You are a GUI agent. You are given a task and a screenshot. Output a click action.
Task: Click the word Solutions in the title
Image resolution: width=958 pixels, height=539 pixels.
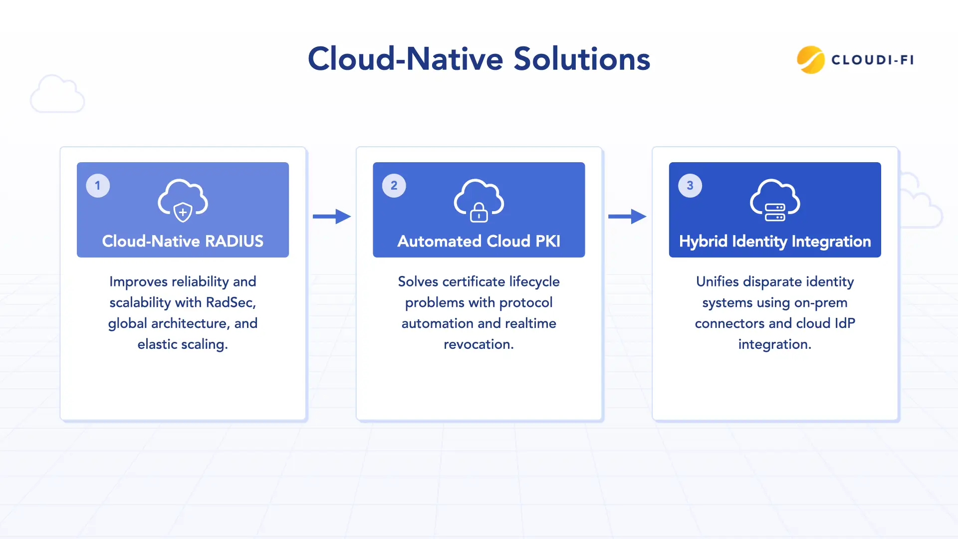[x=582, y=59]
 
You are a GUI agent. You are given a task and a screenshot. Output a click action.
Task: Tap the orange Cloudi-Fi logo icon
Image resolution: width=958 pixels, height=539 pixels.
[x=810, y=60]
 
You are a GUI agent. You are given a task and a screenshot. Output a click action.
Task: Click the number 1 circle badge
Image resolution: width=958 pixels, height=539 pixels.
[x=98, y=186]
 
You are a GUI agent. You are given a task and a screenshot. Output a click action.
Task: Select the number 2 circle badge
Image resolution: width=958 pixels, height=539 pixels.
[x=394, y=186]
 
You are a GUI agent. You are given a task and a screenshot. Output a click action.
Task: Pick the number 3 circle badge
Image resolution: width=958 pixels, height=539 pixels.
[x=690, y=186]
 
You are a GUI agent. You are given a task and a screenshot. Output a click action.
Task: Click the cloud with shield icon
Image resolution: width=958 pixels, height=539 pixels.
[x=183, y=200]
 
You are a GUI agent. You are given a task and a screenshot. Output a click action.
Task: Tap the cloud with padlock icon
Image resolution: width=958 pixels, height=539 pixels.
[x=479, y=200]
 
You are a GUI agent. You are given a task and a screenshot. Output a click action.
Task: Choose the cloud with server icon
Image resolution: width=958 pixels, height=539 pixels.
[x=775, y=200]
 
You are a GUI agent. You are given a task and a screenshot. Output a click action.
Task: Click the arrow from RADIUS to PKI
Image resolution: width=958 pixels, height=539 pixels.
[x=332, y=216]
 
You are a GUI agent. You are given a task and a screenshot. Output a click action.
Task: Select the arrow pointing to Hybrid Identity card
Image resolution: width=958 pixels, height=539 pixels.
[x=627, y=216]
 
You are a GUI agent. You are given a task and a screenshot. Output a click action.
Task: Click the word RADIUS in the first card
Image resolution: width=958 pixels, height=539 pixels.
[x=234, y=242]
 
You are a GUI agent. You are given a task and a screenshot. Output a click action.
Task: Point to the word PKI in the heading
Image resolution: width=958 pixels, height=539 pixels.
[x=547, y=242]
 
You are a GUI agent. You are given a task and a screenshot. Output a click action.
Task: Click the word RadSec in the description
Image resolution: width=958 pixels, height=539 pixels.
[x=231, y=302]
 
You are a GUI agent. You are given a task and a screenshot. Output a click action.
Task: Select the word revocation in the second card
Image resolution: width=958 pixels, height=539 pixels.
[x=479, y=344]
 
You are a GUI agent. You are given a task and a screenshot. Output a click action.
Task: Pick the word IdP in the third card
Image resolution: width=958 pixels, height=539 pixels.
[x=845, y=323]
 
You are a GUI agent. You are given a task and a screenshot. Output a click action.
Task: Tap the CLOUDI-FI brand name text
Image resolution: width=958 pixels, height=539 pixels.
[x=873, y=60]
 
